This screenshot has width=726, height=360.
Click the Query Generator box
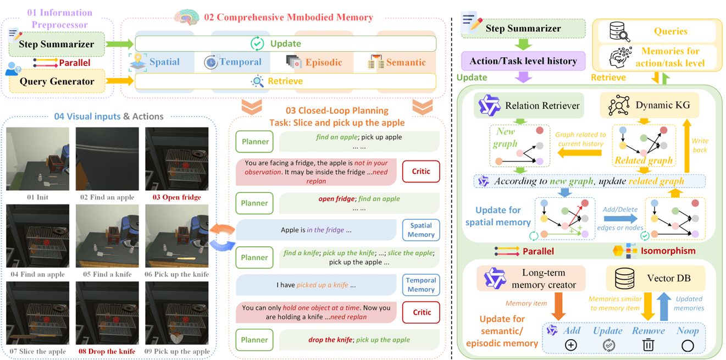click(57, 81)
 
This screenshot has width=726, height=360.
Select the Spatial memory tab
click(164, 62)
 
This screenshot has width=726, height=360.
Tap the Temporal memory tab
click(240, 62)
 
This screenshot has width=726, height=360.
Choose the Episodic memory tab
click(323, 62)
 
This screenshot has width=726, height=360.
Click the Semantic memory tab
click(405, 62)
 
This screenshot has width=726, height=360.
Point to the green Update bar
click(285, 43)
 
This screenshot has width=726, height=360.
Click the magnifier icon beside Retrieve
click(257, 81)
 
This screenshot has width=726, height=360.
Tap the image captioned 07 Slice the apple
click(38, 313)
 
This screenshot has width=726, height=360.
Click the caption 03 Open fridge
click(177, 197)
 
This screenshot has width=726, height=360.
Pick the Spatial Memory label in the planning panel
click(420, 230)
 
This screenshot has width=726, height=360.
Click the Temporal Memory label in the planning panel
click(420, 285)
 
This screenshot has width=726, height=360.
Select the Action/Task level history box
click(523, 61)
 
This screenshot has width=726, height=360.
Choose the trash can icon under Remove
click(649, 345)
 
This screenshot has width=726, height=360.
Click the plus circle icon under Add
click(570, 345)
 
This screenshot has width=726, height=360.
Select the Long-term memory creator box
click(531, 279)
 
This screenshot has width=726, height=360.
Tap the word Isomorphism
click(668, 251)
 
